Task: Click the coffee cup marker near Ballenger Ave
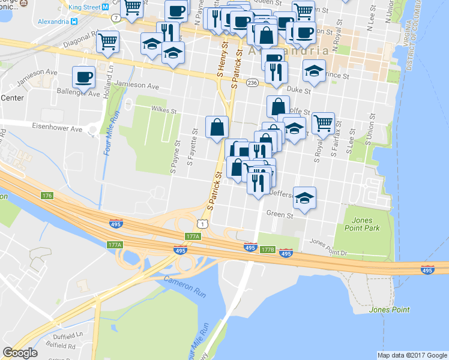[83, 77]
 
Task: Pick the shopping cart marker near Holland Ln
[107, 42]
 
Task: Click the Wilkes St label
[164, 110]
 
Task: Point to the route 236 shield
[252, 82]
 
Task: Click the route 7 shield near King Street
[113, 18]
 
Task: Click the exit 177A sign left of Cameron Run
[115, 245]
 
